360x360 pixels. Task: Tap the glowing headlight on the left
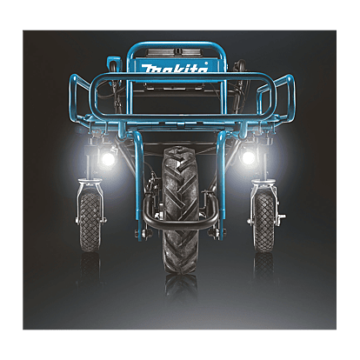tap(108, 158)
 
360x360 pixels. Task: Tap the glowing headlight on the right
tap(248, 157)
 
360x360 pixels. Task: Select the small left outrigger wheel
tap(90, 221)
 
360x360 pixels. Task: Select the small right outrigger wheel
tap(263, 221)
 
